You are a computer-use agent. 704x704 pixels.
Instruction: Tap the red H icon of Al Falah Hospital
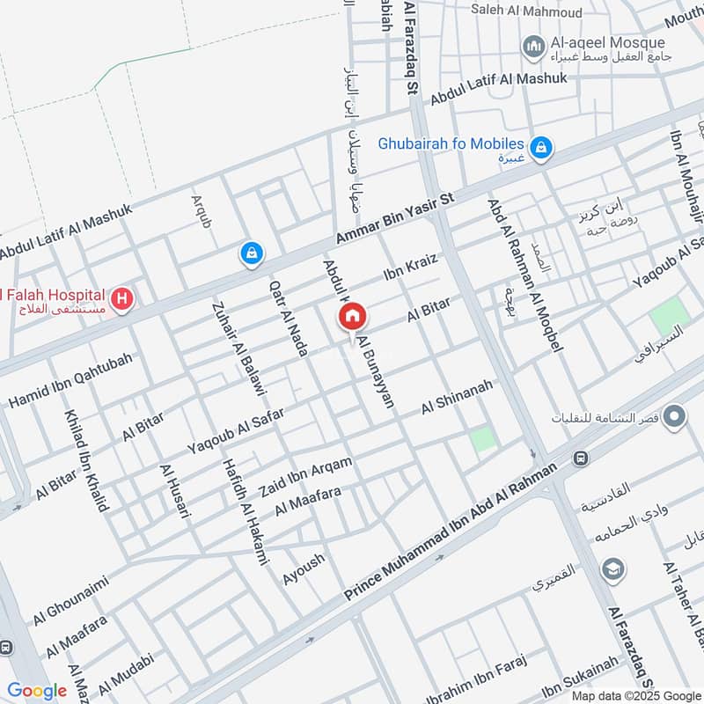(124, 298)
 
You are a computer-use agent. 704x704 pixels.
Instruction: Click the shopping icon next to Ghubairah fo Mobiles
(541, 147)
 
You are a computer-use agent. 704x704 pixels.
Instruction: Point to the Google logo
(37, 691)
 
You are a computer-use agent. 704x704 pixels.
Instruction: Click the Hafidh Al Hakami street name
(249, 510)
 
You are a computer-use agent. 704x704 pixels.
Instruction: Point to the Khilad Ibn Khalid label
(86, 459)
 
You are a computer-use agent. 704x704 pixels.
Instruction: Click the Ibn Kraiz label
(410, 267)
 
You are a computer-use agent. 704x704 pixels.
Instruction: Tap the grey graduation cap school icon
(614, 569)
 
